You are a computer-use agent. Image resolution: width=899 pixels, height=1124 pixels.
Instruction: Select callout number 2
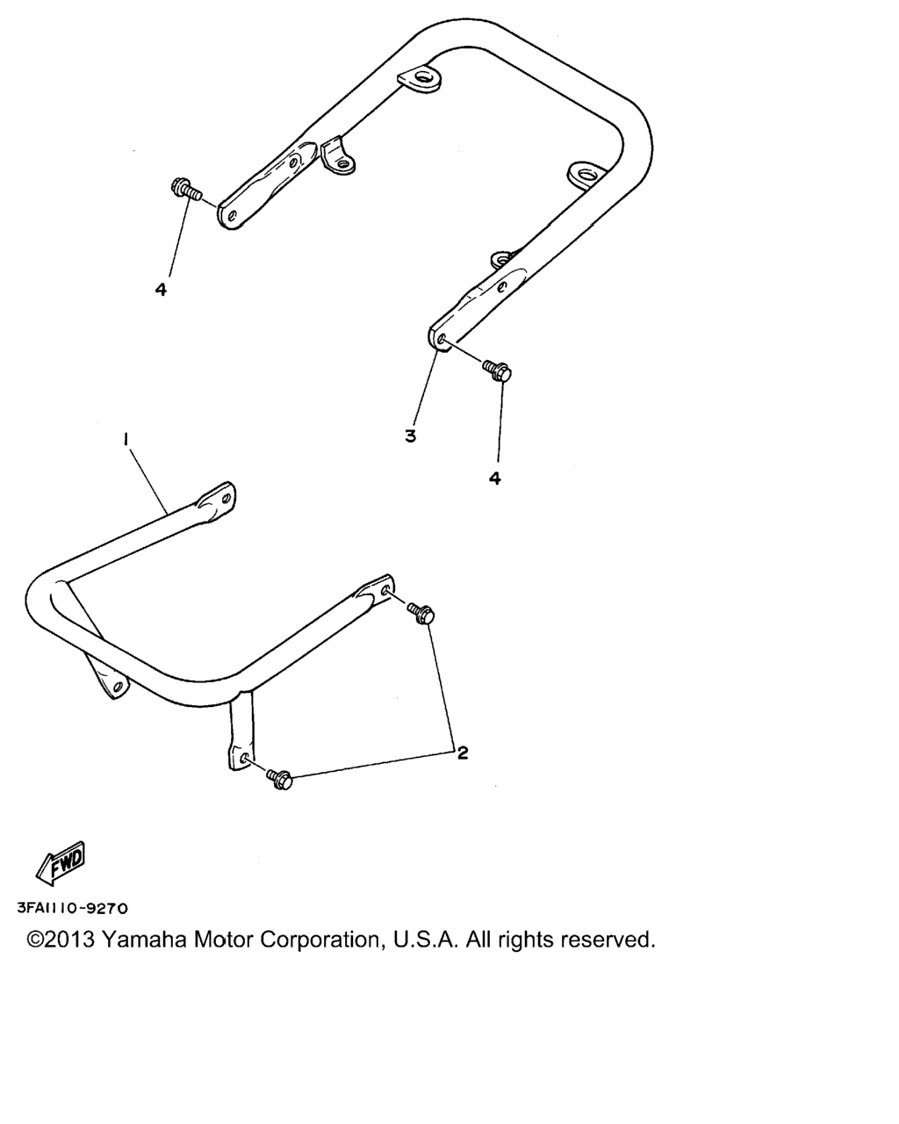pos(463,753)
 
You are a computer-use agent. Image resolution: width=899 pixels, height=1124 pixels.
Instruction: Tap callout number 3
pos(411,436)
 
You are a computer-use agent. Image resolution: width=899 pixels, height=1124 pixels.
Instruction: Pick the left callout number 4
pos(161,290)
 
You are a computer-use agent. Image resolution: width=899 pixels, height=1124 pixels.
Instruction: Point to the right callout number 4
pos(494,478)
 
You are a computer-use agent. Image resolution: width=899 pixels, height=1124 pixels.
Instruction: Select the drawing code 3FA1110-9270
pos(73,908)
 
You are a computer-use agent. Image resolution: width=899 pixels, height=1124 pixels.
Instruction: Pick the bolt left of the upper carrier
pos(186,191)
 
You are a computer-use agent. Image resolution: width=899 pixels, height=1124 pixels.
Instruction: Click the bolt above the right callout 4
pos(496,371)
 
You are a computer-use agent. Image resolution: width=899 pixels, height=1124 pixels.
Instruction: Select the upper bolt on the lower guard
pos(421,613)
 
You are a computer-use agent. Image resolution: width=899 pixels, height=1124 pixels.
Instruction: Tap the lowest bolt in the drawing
pos(279,780)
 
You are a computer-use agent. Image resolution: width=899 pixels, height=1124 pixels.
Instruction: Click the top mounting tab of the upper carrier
pos(420,79)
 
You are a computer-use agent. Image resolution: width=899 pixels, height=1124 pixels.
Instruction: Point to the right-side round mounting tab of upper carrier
pos(585,175)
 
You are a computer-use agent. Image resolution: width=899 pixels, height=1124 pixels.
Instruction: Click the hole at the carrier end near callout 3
pos(442,341)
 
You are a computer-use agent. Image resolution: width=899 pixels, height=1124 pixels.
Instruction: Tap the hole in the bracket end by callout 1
pos(227,498)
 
